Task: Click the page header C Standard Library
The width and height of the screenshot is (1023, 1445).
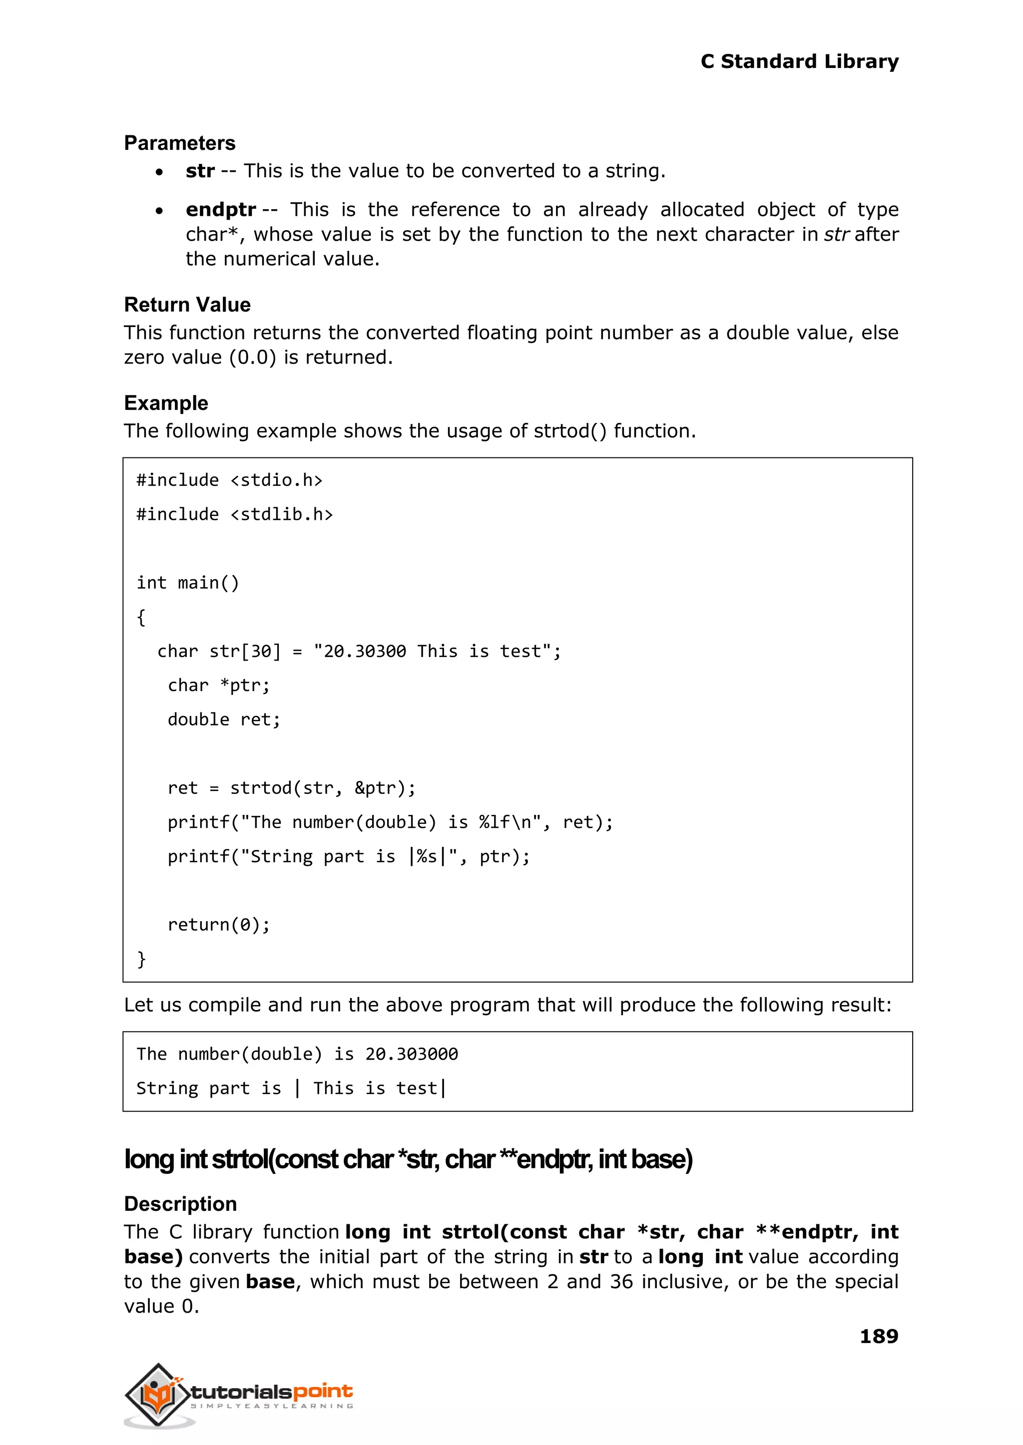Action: tap(799, 62)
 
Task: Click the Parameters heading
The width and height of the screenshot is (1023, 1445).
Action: tap(179, 143)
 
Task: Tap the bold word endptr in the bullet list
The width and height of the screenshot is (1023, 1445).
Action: tap(220, 209)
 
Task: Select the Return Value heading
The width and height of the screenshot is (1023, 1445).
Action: tap(187, 305)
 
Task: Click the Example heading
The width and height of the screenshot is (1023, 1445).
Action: tap(166, 403)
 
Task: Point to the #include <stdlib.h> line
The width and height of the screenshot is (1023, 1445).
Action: tap(234, 514)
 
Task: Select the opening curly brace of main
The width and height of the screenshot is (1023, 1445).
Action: tap(141, 617)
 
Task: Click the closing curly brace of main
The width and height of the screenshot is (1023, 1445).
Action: tap(141, 959)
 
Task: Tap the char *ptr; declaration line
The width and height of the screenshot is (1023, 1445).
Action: tap(219, 685)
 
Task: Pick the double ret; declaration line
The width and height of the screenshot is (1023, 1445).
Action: tap(224, 719)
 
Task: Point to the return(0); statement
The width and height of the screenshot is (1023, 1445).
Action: tap(219, 924)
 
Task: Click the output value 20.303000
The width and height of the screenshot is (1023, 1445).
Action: tap(411, 1054)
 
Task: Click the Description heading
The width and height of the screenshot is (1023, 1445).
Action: tap(180, 1204)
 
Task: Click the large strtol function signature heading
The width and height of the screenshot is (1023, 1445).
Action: tap(408, 1159)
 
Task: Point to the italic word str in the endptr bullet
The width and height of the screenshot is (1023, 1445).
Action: tap(837, 234)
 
